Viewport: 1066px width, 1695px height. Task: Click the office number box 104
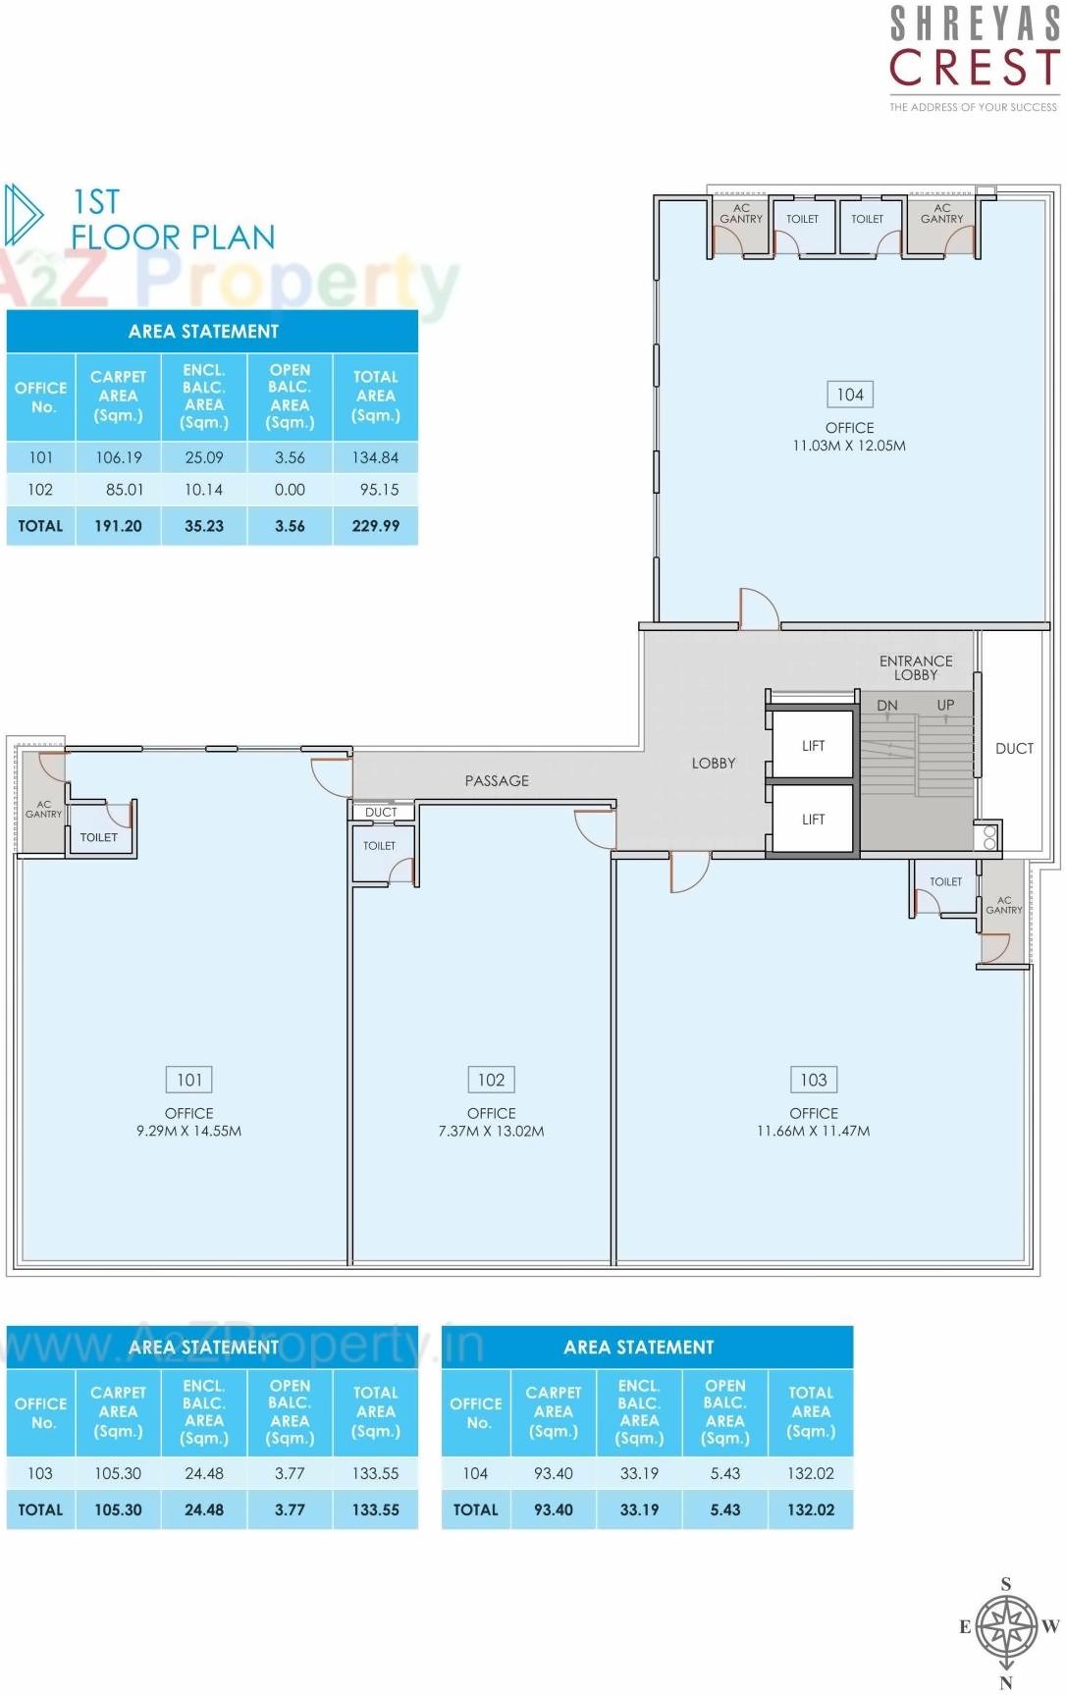click(x=849, y=395)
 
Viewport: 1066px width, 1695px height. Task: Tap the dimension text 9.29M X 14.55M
click(x=188, y=1131)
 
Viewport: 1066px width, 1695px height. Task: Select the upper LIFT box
click(x=813, y=746)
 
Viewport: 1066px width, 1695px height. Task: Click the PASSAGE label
click(x=497, y=780)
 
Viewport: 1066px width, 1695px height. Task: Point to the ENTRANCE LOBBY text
click(x=915, y=667)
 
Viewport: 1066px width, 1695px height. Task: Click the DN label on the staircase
click(x=886, y=705)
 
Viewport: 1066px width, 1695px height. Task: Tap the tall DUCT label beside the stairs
click(x=1014, y=748)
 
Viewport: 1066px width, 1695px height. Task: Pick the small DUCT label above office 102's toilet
click(x=381, y=813)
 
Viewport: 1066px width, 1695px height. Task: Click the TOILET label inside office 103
click(x=945, y=881)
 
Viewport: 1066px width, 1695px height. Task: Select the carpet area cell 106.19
click(x=118, y=457)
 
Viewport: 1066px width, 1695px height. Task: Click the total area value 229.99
click(x=375, y=526)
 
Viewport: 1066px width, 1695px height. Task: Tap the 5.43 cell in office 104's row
click(x=724, y=1473)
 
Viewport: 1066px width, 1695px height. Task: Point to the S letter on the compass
click(x=1005, y=1584)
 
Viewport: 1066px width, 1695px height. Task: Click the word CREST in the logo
click(x=973, y=69)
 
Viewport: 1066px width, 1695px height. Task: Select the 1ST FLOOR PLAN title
click(x=172, y=219)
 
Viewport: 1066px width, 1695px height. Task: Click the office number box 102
click(x=491, y=1080)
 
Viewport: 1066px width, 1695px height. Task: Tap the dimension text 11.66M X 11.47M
click(x=813, y=1131)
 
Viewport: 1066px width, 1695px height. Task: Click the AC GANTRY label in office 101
click(x=43, y=809)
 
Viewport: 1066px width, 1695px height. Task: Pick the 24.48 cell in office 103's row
click(x=204, y=1473)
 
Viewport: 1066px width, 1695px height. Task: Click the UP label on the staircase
click(x=945, y=705)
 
